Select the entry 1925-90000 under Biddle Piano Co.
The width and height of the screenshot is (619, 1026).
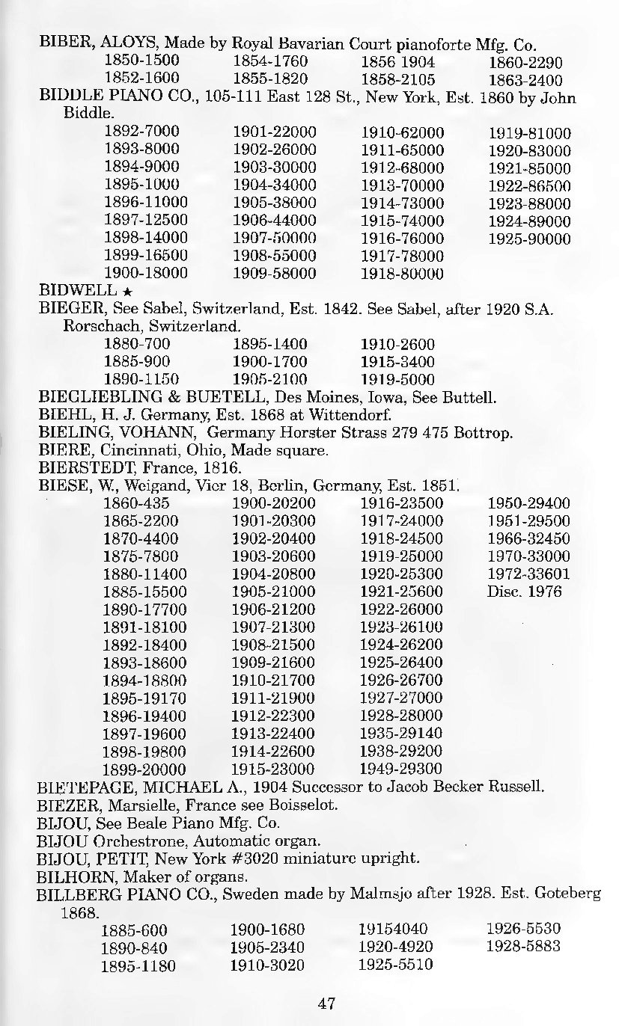[x=529, y=239]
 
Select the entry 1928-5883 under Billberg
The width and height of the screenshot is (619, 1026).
[x=523, y=947]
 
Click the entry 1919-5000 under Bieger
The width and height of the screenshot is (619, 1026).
[x=397, y=378]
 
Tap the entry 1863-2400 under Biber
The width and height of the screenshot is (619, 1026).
[x=525, y=79]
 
